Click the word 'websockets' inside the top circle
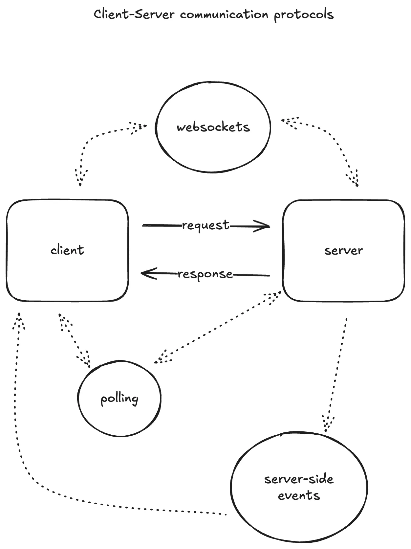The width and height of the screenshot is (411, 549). pos(213,127)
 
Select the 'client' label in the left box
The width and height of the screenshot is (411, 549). pos(67,250)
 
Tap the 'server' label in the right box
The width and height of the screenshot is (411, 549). pos(343,250)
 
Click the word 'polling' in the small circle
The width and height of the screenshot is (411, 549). pos(119,399)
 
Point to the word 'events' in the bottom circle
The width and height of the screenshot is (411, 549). pos(299,495)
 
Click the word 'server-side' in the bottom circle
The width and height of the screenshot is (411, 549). pos(299,479)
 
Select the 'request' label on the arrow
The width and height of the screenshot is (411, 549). pos(206,225)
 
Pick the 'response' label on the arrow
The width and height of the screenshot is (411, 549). pos(205,274)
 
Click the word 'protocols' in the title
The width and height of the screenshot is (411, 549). pos(304,15)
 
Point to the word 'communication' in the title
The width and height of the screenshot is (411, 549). pos(224,14)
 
